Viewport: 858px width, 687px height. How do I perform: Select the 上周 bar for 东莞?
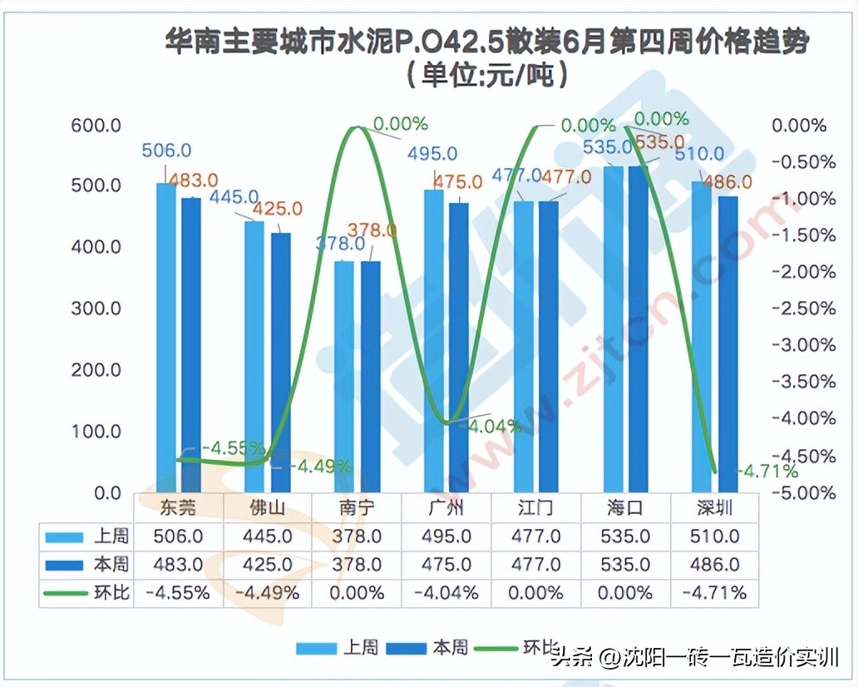click(x=166, y=337)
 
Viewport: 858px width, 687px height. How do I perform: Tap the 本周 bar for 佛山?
click(x=282, y=362)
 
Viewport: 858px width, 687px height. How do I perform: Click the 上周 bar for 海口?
click(x=614, y=329)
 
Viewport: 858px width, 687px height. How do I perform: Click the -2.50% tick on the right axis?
click(x=803, y=309)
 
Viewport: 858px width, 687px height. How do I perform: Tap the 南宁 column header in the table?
click(x=357, y=508)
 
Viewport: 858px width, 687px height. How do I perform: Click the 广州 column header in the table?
click(x=447, y=508)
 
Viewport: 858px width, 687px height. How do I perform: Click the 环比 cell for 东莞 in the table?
click(x=179, y=594)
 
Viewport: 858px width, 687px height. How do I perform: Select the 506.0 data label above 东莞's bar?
click(x=167, y=151)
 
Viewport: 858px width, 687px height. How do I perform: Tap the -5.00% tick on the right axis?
click(x=803, y=493)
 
